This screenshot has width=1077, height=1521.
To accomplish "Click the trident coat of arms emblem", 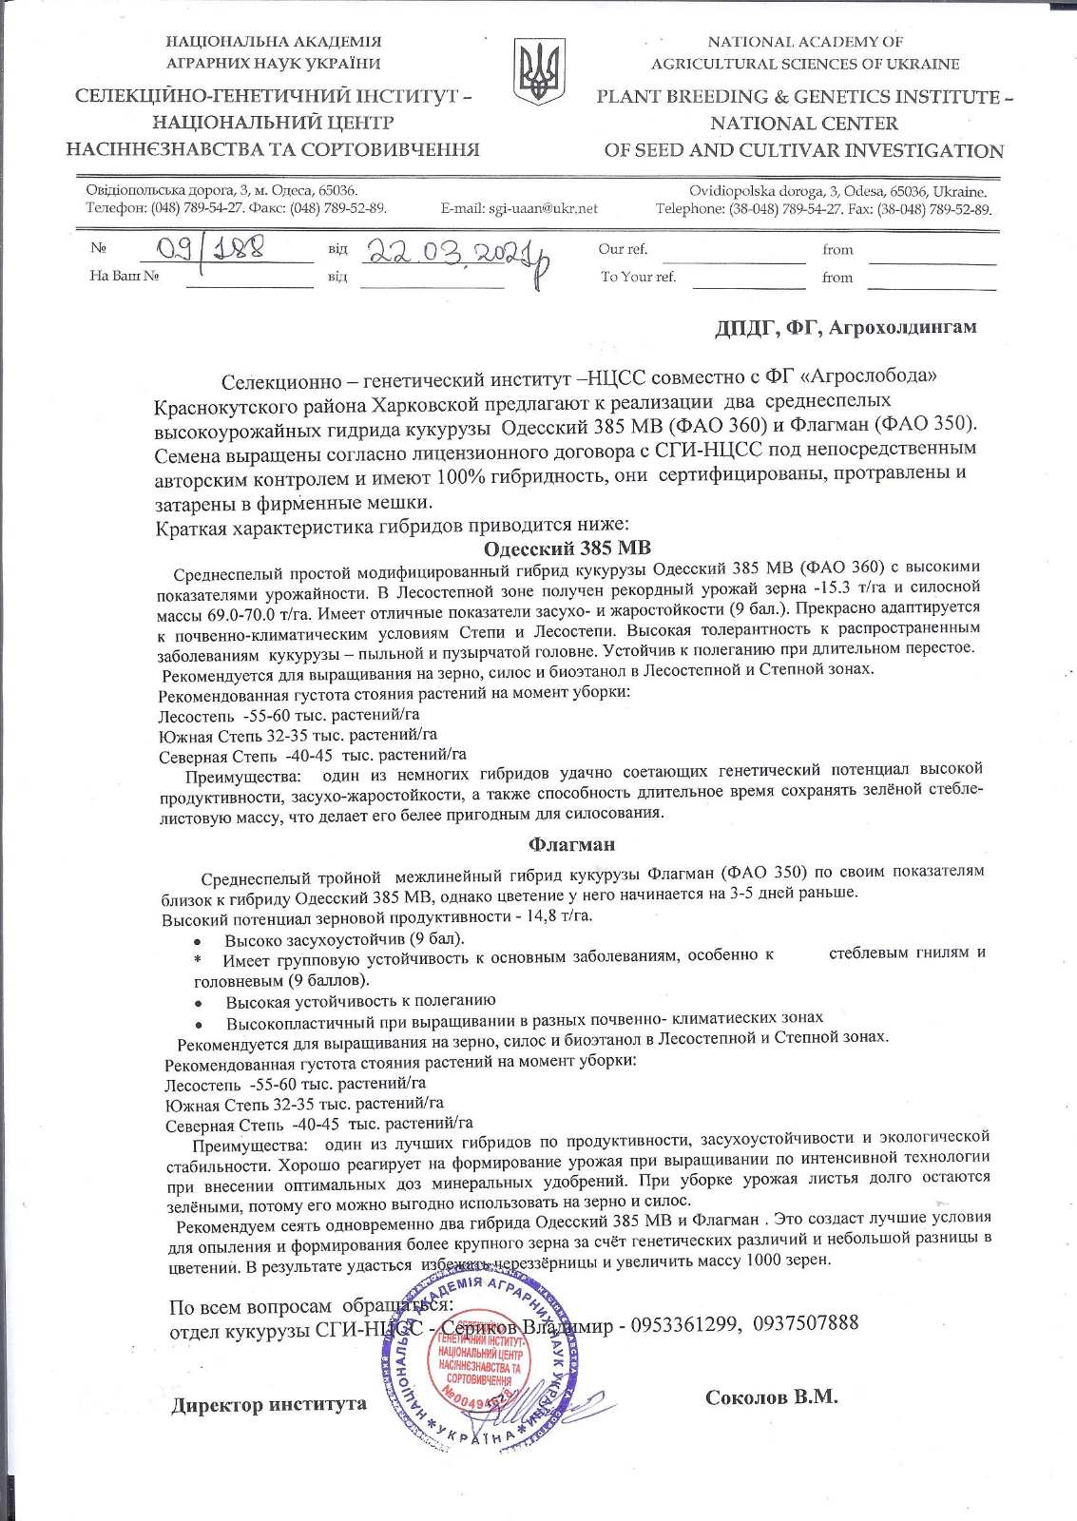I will pyautogui.click(x=538, y=72).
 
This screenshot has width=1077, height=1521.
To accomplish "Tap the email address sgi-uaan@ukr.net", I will pyautogui.click(x=519, y=209).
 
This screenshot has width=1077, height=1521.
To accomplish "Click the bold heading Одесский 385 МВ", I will pyautogui.click(x=567, y=549).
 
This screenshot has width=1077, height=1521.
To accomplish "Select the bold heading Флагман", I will pyautogui.click(x=571, y=844).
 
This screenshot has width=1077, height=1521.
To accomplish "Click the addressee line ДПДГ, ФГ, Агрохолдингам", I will pyautogui.click(x=845, y=328).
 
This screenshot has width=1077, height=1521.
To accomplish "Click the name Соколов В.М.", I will pyautogui.click(x=771, y=1396).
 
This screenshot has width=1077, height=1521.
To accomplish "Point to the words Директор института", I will pyautogui.click(x=269, y=1405).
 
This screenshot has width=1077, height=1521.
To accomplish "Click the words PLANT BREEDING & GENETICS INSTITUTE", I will pyautogui.click(x=797, y=97).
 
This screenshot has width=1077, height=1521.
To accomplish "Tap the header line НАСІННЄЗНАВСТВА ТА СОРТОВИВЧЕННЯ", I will pyautogui.click(x=273, y=149).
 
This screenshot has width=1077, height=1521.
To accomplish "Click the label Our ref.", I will pyautogui.click(x=623, y=249).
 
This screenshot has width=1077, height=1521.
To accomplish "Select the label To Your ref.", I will pyautogui.click(x=638, y=277).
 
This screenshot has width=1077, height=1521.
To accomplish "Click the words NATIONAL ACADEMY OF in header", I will pyautogui.click(x=805, y=42).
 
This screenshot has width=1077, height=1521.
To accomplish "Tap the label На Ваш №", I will pyautogui.click(x=124, y=276).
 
